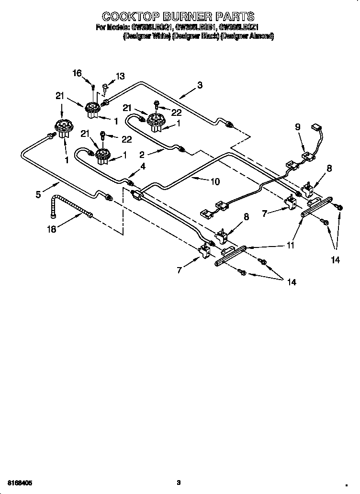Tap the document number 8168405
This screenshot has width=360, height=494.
pos(21,482)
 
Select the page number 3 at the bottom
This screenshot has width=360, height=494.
pos(178,482)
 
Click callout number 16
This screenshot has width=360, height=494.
pos(77,73)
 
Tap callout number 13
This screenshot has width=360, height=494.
pos(120,76)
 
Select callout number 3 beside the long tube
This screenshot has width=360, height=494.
pos(200,85)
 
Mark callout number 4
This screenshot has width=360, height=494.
pos(142,166)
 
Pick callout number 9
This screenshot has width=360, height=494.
pos(298,127)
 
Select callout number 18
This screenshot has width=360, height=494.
pos(52,229)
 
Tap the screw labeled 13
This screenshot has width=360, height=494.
pos(106,87)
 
